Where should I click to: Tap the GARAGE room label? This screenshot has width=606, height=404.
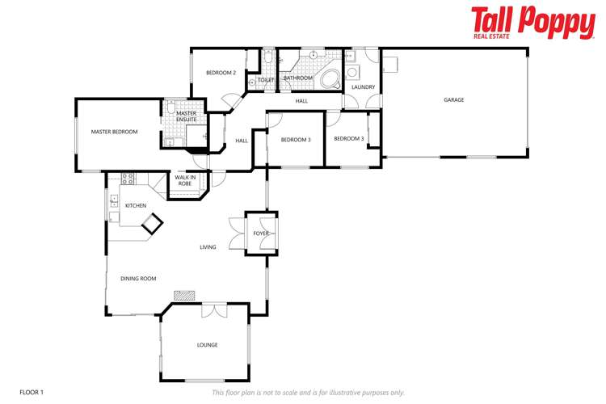[453, 100]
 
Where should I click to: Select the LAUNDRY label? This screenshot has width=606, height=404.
[363, 87]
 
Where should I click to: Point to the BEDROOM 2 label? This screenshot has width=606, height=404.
[221, 74]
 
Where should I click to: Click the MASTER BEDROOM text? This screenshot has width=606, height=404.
[114, 132]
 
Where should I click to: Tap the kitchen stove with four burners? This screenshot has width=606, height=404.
[127, 177]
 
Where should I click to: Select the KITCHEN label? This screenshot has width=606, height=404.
[136, 206]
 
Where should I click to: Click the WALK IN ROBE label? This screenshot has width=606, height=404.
[184, 180]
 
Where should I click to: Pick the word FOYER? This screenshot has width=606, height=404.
[261, 234]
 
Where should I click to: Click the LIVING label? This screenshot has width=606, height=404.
[208, 247]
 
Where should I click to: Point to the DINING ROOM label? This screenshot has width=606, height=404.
[137, 279]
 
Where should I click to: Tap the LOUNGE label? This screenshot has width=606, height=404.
[207, 345]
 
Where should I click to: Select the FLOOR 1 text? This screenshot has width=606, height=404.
[31, 392]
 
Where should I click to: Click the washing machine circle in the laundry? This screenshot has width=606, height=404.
[352, 71]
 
